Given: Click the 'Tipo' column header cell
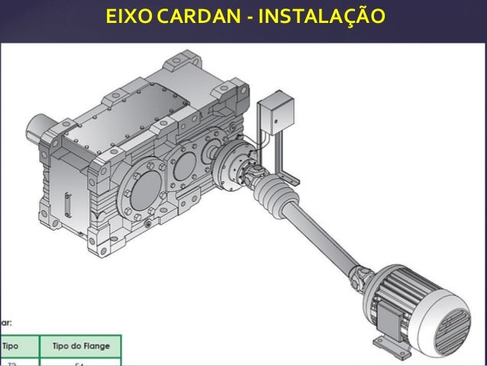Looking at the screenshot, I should (x=15, y=345).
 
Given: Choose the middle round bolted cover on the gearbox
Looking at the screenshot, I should (x=183, y=165).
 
